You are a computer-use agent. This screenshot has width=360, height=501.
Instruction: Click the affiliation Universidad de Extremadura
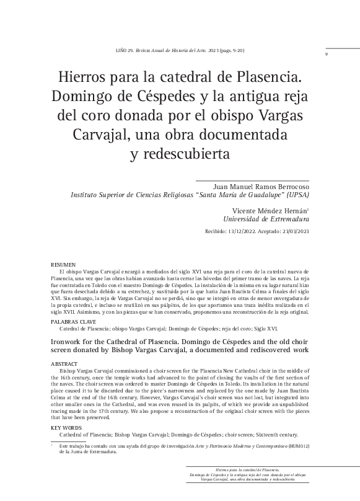click(x=266, y=219)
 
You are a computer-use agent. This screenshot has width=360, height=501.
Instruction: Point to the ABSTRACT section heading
click(x=64, y=365)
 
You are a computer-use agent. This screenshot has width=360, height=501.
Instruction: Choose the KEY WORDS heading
click(x=66, y=428)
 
